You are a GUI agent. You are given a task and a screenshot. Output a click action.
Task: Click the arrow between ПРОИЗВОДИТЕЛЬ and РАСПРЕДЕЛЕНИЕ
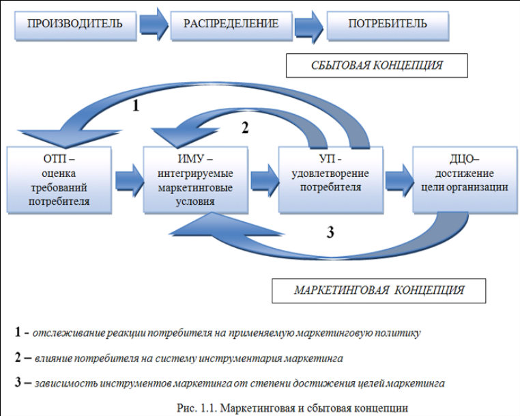(153, 25)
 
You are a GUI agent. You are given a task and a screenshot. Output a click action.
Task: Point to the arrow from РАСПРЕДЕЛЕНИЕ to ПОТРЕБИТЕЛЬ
(310, 25)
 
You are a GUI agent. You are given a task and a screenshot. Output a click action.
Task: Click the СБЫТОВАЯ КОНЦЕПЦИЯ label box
(377, 66)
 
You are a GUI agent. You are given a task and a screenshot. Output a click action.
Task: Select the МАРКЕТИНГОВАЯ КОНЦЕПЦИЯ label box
(379, 290)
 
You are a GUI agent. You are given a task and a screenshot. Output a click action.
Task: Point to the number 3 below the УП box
(330, 232)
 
